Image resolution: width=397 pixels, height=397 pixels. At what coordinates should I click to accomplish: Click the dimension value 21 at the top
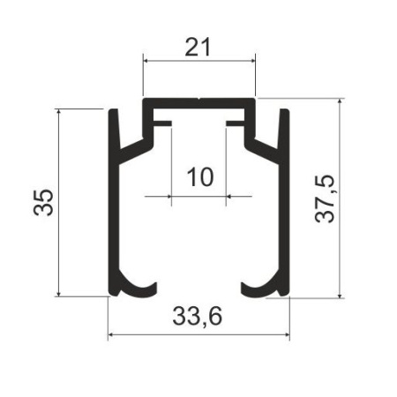coord(198,48)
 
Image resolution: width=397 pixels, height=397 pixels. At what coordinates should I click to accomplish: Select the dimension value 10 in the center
coord(200,177)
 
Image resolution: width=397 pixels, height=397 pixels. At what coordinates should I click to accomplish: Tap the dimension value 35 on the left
coord(44,203)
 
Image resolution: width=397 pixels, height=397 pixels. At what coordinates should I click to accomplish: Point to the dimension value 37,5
coord(325,198)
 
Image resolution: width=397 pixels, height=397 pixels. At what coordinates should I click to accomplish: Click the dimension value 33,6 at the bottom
coord(198,317)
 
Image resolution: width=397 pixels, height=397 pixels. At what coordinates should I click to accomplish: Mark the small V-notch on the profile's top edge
coord(199,100)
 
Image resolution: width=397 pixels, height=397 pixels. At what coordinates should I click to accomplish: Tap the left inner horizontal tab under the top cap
coord(162,124)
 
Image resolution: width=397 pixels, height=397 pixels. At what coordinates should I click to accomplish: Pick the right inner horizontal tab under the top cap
coord(235,124)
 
